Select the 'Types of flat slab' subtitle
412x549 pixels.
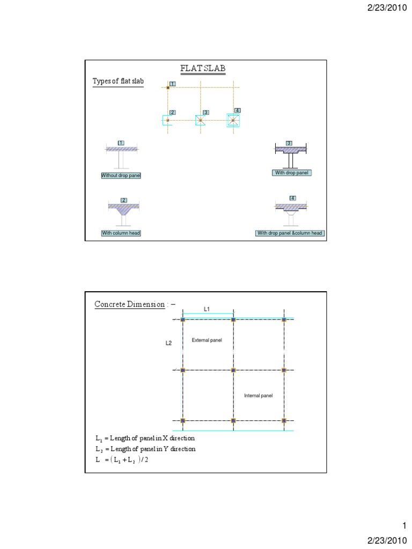[118, 81]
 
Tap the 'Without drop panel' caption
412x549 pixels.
[121, 175]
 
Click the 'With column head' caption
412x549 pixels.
[121, 233]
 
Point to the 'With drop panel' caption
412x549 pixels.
[292, 173]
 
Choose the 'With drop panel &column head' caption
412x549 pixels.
[290, 233]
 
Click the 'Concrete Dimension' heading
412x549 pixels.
[130, 305]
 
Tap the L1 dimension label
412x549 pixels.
[207, 309]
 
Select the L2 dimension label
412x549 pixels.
[168, 343]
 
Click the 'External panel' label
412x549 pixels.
[207, 340]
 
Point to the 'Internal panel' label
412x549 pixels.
[259, 396]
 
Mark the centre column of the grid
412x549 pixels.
[233, 370]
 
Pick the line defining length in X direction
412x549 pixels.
[145, 438]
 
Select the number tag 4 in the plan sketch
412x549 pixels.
[237, 110]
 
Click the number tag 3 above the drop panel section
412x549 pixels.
[289, 143]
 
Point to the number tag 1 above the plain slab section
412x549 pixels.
[121, 143]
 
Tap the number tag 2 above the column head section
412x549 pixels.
[123, 200]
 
